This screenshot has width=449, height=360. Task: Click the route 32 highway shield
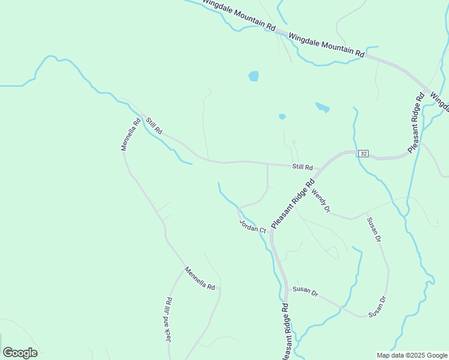tap(363, 154)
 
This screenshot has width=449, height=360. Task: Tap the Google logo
tap(20, 353)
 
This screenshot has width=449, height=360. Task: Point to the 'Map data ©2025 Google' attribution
tap(411, 355)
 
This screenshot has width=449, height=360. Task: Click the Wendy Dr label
tap(321, 200)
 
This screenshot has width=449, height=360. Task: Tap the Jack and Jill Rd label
tap(169, 320)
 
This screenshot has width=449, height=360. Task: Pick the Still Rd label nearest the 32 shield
tap(303, 167)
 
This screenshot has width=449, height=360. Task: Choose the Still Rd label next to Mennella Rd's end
tap(154, 125)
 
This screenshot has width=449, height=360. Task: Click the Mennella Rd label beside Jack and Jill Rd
tap(199, 278)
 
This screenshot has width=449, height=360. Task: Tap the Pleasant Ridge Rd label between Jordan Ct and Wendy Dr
tap(293, 204)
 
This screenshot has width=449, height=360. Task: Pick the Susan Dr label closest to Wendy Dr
tap(374, 230)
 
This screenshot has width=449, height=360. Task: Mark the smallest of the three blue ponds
tap(282, 116)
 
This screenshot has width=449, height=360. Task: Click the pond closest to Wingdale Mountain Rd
tap(254, 76)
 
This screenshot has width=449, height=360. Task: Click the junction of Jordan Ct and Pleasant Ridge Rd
tap(271, 232)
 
